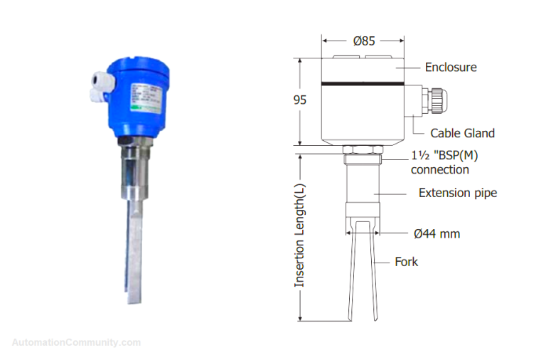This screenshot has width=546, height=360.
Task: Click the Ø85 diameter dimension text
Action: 363,41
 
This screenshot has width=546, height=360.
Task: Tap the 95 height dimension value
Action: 300,100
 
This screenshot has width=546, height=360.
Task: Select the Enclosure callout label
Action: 451,68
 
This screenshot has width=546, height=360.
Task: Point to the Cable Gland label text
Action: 462,133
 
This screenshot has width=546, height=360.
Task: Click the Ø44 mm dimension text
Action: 437,233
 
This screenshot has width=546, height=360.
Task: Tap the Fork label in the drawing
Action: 406,262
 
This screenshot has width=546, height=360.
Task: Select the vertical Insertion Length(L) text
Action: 300,234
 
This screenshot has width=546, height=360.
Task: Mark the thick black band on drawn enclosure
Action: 363,83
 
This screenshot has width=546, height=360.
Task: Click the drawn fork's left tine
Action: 352,277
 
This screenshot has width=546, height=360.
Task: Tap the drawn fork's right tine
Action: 375,277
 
